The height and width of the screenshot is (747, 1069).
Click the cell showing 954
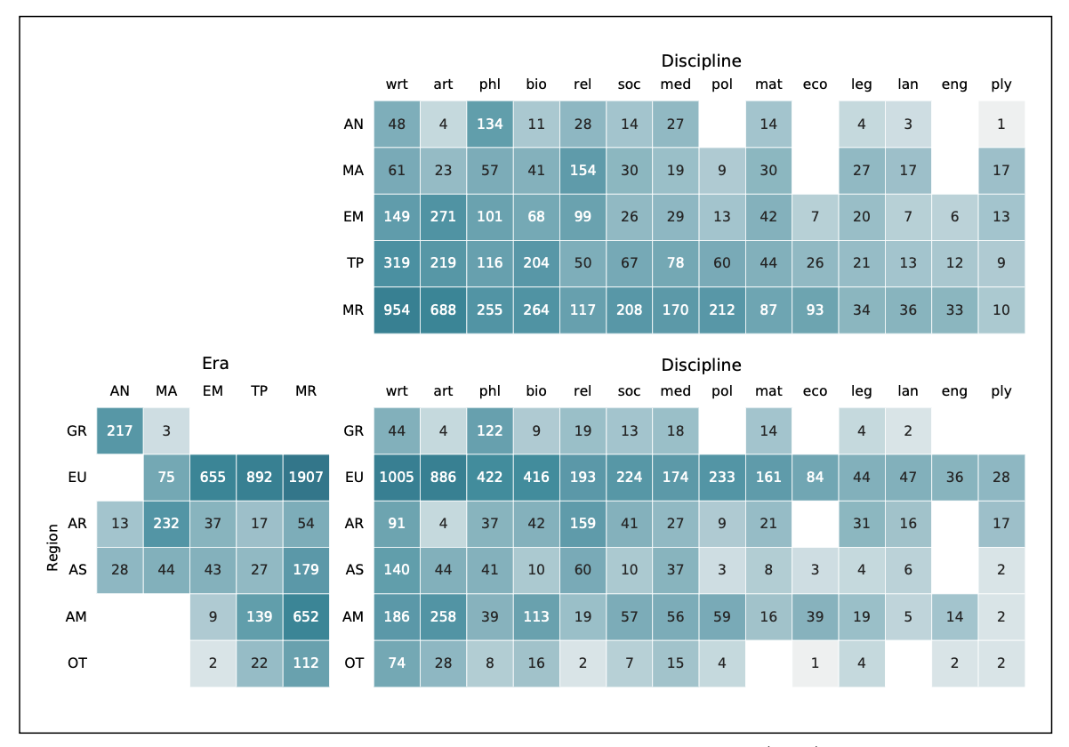397,310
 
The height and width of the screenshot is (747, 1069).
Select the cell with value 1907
306,477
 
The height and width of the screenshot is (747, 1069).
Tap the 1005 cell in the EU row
397,477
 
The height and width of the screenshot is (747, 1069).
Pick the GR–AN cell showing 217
120,430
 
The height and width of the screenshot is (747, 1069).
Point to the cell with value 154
583,171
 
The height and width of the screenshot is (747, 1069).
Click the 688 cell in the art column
443,310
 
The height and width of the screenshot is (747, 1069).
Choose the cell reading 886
443,477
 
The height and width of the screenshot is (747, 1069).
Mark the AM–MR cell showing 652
306,616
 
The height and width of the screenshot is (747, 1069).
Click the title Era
215,363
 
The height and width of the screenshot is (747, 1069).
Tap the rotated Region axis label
52,547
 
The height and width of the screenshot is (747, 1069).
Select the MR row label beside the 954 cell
353,310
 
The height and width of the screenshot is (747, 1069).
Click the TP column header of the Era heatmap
260,391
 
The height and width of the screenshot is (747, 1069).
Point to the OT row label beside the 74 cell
353,663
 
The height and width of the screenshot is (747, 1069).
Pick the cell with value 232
166,523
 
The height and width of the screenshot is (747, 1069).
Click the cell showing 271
443,217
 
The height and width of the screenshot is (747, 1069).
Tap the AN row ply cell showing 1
1001,124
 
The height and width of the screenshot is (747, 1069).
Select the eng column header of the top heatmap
954,84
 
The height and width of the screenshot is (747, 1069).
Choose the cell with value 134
490,124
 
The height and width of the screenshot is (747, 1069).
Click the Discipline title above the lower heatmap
701,365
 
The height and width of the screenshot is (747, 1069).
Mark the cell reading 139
260,616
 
